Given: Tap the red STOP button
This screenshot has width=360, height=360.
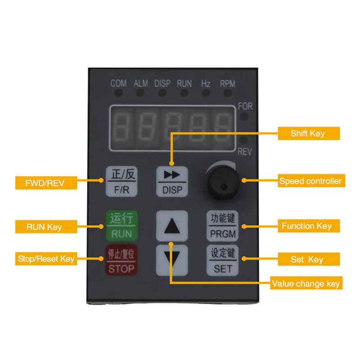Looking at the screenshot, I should click(121, 261).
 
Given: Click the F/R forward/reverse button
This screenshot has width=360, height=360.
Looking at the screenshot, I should click(121, 181).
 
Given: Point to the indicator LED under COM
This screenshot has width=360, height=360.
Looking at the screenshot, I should click(118, 93).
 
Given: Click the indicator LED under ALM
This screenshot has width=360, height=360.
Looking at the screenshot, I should click(140, 93).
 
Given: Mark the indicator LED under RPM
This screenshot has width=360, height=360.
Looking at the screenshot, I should click(227, 93).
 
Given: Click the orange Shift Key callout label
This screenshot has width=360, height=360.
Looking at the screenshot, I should click(308, 133).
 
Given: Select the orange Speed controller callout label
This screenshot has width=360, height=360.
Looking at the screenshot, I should click(310, 181).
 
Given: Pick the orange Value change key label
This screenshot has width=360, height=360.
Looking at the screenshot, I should click(306, 283).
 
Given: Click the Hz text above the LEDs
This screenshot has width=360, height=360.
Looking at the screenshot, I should click(206, 84).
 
